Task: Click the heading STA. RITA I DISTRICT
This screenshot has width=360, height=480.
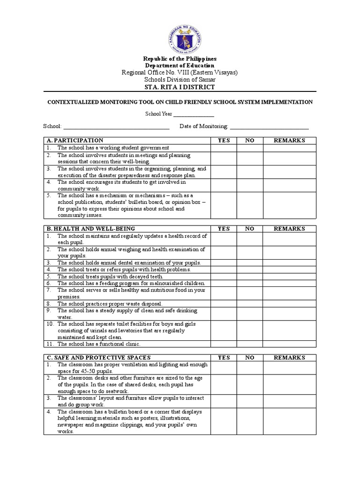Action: click(180, 87)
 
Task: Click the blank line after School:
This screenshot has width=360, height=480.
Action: click(116, 127)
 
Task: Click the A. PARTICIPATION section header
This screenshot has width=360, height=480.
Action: click(75, 140)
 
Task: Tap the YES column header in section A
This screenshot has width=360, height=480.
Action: click(224, 140)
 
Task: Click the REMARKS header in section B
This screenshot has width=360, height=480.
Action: click(289, 229)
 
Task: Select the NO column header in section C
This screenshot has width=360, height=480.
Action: click(249, 358)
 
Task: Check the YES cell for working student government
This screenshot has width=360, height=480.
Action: click(224, 148)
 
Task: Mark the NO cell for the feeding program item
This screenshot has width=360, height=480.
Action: click(249, 284)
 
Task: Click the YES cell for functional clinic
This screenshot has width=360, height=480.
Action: click(224, 344)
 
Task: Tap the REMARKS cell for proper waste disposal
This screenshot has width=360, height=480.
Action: click(289, 304)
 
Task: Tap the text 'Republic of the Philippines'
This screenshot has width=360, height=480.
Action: click(180, 59)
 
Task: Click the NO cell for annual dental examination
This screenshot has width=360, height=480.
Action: click(249, 262)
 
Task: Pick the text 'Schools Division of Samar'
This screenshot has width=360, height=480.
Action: click(180, 80)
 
